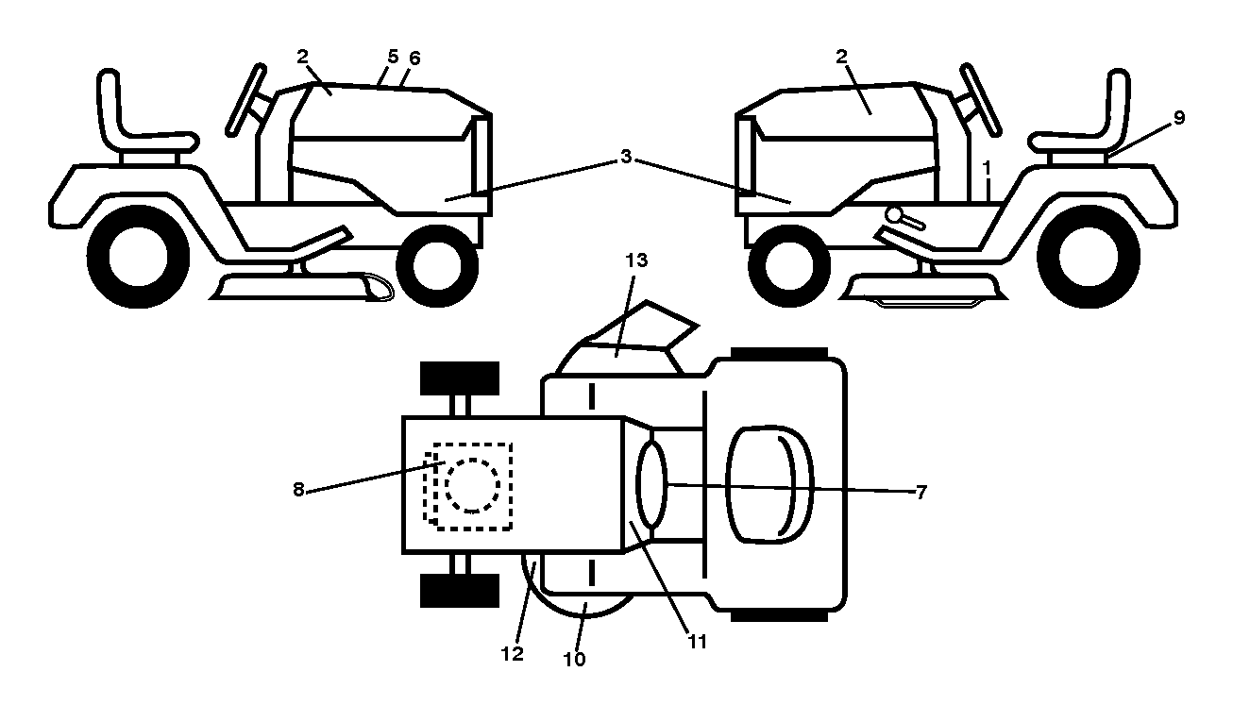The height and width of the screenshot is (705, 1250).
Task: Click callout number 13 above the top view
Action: point(636,260)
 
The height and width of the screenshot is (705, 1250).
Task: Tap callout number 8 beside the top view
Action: point(298,490)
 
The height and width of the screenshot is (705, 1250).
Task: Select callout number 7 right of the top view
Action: point(921,492)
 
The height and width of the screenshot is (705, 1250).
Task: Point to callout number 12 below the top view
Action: point(513,654)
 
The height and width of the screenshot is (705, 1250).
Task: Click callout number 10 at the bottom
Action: point(574,660)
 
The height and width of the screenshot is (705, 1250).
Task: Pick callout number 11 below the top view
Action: point(697,642)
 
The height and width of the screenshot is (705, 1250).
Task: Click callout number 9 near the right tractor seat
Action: point(1179,118)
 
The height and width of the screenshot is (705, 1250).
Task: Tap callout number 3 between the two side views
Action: point(626,157)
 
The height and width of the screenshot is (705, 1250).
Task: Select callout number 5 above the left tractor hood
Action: point(393,57)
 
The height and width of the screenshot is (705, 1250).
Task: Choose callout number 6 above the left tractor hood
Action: point(414,58)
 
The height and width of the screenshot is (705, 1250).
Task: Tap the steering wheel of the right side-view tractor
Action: point(981,100)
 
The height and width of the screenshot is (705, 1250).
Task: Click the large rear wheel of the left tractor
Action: point(139,257)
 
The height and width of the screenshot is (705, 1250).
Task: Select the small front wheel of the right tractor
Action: point(789,265)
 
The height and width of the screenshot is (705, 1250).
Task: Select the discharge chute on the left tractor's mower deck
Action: point(378,287)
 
